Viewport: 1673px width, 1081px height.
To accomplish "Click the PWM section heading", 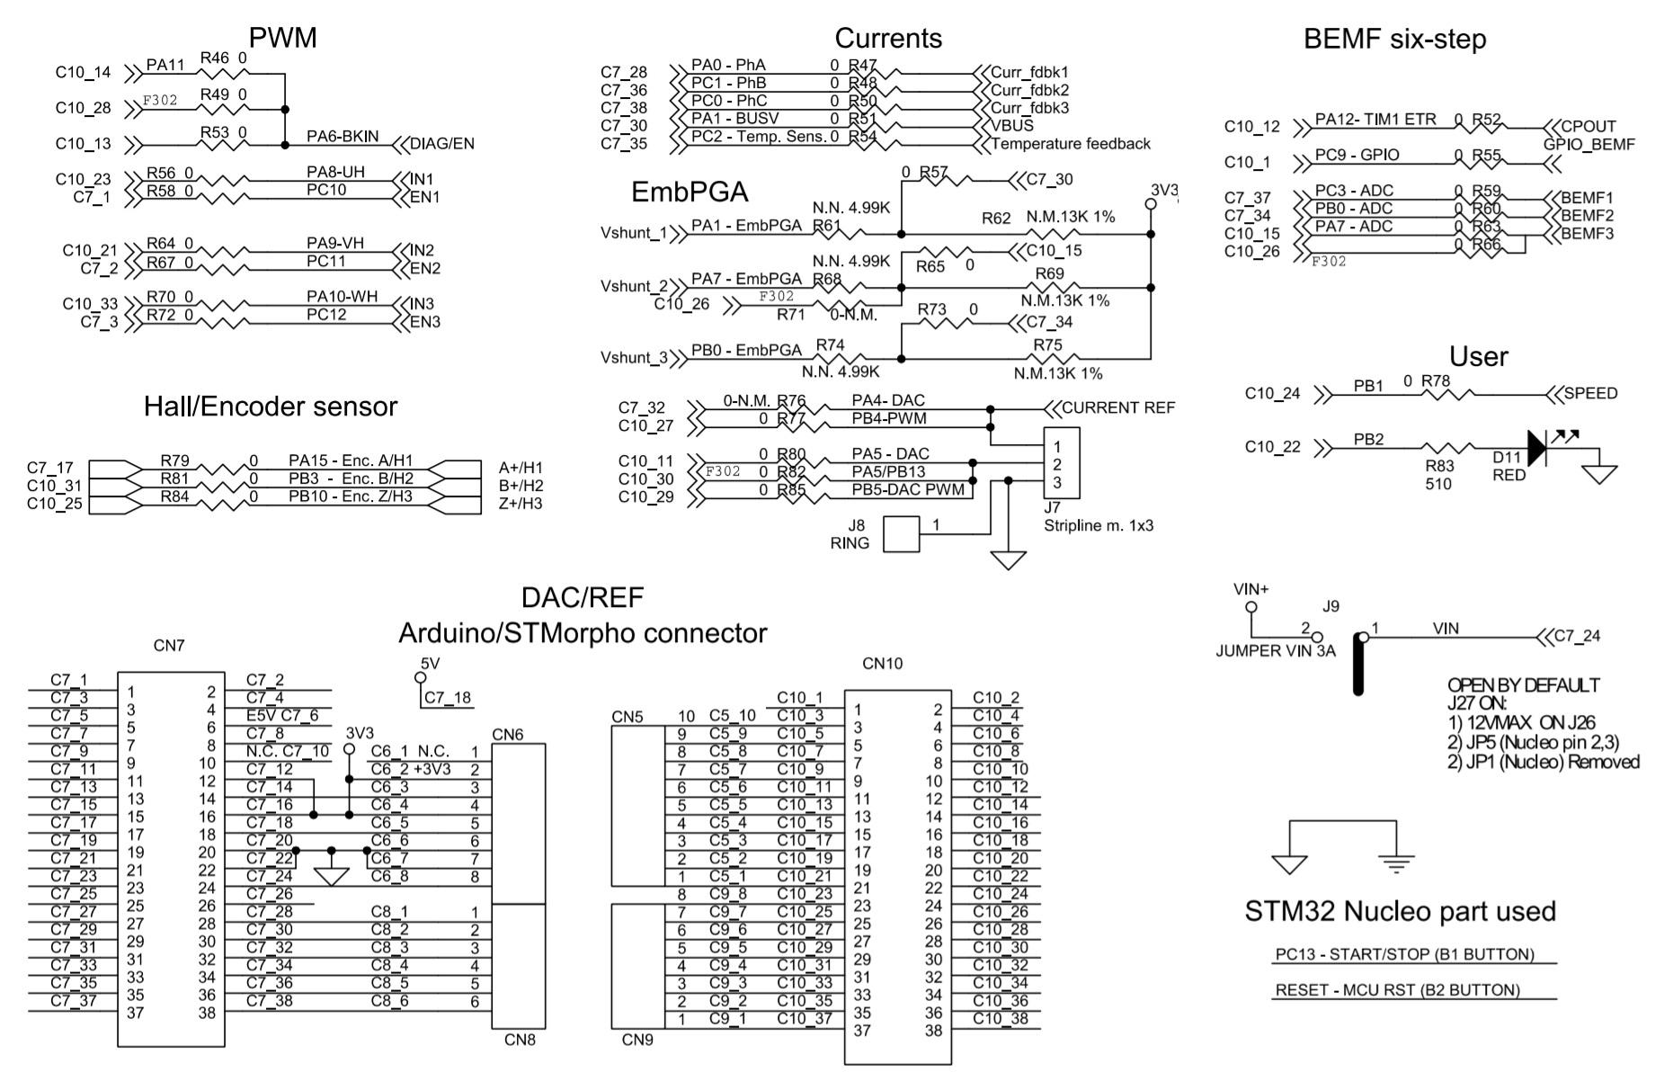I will (282, 38).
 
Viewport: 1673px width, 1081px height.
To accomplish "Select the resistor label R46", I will (215, 58).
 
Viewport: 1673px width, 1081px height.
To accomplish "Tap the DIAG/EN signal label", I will (441, 144).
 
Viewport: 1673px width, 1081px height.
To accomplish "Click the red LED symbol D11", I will (1536, 448).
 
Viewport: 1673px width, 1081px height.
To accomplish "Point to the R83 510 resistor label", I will (1439, 475).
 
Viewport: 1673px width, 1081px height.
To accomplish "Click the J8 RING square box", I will (902, 534).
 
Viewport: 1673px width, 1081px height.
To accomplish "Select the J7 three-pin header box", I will (1061, 464).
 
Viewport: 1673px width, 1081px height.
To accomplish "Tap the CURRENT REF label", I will (1118, 408).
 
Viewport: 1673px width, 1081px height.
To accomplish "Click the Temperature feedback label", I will (1070, 144).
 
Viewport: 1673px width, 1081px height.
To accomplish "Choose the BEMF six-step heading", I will (1394, 40).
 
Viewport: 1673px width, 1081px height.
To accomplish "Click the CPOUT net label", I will (1588, 127).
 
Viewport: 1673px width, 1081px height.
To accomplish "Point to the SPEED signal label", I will (1590, 394).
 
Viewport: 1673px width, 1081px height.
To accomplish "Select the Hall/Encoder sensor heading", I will (271, 406).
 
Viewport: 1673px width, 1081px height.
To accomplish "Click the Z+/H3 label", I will (520, 505).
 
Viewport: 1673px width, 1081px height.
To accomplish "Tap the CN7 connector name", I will (169, 646).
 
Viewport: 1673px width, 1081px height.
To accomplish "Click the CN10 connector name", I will (882, 664).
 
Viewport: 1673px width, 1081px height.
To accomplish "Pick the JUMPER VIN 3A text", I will (1275, 651).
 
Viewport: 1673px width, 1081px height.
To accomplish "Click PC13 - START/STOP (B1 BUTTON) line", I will (1404, 954).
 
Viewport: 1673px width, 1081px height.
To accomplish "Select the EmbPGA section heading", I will (690, 192).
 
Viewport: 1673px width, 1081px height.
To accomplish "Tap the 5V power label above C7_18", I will (430, 663).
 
